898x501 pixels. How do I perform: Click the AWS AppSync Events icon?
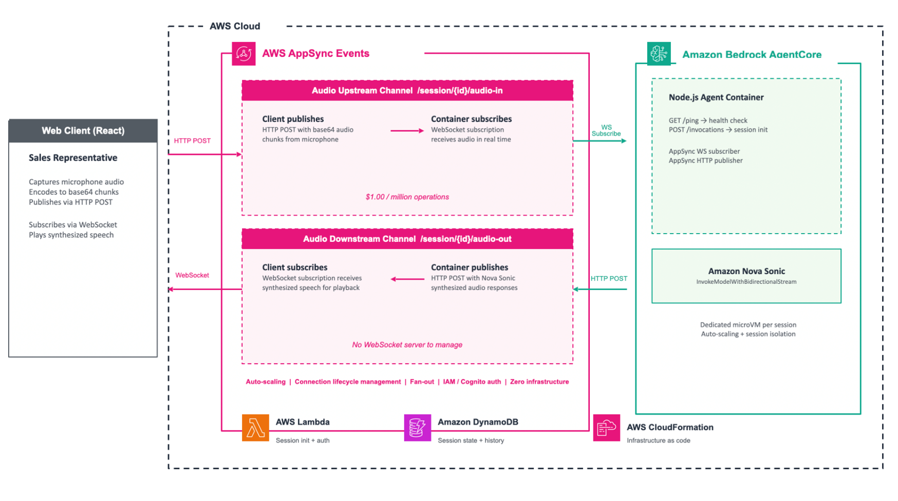tap(244, 53)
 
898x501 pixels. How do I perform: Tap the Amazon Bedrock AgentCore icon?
tap(659, 53)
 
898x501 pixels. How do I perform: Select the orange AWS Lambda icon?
tap(255, 428)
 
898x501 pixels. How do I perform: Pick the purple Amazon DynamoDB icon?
tap(417, 428)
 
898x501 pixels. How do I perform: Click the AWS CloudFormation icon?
tap(606, 428)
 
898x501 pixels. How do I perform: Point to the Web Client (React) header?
tap(83, 131)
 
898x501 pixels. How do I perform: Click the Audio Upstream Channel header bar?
tap(407, 91)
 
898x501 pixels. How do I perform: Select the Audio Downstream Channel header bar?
tap(407, 239)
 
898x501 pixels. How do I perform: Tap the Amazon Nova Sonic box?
tap(746, 276)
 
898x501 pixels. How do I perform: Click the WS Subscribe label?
tap(606, 130)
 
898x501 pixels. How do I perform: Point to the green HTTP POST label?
tap(609, 279)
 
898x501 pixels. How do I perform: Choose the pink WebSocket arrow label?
tap(192, 276)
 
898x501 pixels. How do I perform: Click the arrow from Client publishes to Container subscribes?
tap(407, 131)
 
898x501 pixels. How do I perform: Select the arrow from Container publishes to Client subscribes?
tap(407, 279)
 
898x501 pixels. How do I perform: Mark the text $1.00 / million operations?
tap(407, 197)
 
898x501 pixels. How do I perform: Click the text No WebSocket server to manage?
tap(407, 345)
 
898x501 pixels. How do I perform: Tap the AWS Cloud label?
tap(235, 26)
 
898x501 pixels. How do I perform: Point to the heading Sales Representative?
tap(73, 158)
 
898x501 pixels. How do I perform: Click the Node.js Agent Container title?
tap(716, 98)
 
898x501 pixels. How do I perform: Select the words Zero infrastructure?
tap(539, 382)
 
